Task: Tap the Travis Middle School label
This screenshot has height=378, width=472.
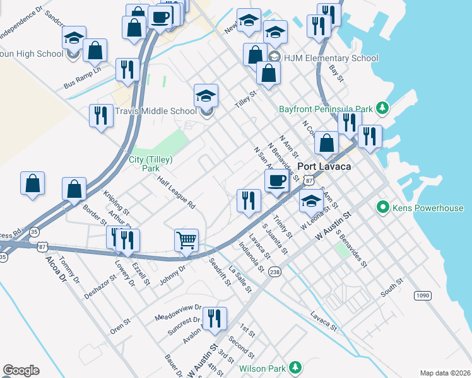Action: [x=156, y=111]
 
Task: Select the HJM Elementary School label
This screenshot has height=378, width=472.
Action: [x=331, y=58]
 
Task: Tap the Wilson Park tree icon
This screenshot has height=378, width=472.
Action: [x=295, y=367]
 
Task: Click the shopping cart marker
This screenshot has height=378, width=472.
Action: [x=186, y=240]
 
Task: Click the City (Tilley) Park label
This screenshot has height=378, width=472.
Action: [x=151, y=164]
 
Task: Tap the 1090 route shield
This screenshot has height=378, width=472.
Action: [x=422, y=295]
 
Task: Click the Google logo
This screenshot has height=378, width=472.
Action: [x=21, y=370]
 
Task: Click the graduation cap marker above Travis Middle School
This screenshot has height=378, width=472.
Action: [x=206, y=96]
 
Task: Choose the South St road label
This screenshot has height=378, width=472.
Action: [x=391, y=289]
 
